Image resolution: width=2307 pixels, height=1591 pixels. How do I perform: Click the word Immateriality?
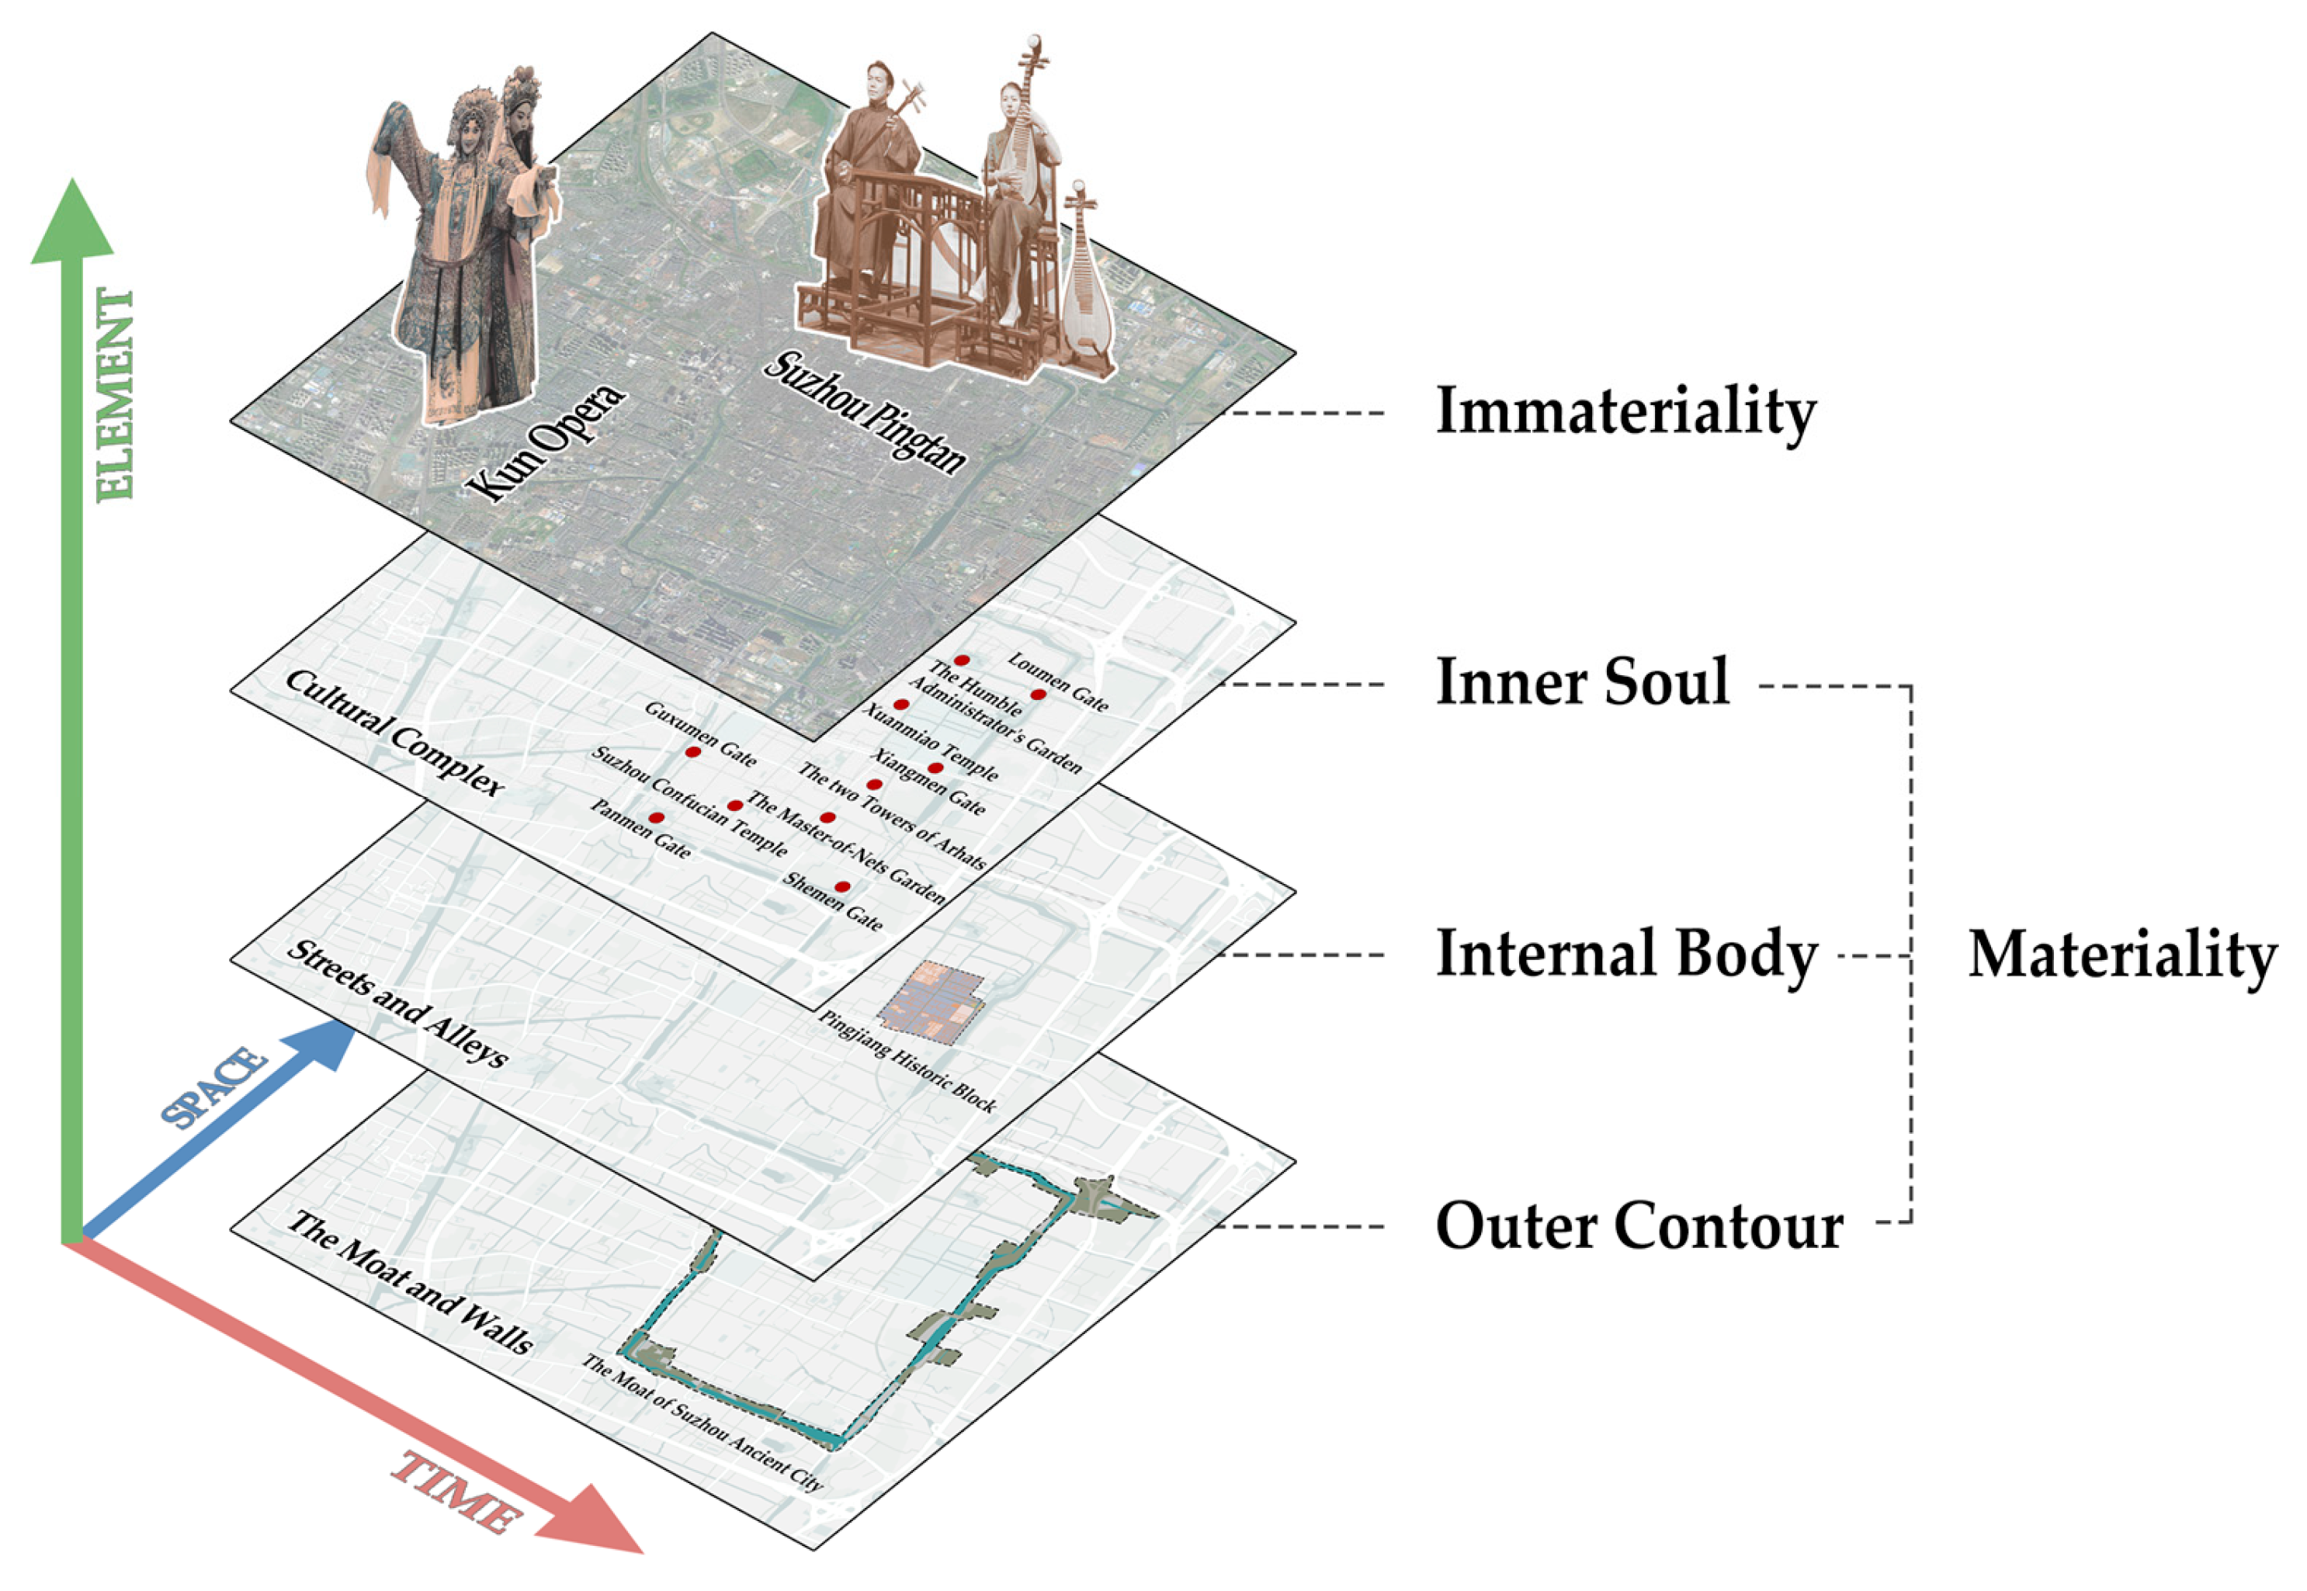1625,411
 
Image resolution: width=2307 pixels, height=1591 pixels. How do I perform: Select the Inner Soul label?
1582,683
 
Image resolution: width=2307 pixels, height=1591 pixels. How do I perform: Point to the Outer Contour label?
1639,1225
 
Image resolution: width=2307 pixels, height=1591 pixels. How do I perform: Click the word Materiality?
2122,955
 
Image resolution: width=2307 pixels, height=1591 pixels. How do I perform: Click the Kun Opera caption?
546,444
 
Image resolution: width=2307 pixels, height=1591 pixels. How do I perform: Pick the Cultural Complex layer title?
395,733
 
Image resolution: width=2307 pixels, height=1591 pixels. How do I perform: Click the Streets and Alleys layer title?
397,1002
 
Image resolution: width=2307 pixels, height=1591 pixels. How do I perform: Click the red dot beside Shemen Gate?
842,886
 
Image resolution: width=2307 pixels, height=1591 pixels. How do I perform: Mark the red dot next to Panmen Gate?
656,817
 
